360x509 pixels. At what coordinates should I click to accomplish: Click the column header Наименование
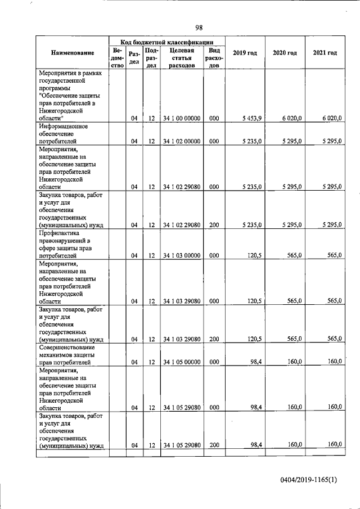73,53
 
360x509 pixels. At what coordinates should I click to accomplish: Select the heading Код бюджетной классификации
167,41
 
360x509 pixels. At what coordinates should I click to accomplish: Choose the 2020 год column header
285,53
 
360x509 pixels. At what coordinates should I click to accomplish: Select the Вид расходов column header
214,57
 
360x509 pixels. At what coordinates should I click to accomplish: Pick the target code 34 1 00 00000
182,118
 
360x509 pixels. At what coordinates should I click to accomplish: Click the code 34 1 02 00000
182,141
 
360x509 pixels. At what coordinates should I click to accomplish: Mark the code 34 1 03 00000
182,255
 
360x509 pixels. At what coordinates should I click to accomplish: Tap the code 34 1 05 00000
182,362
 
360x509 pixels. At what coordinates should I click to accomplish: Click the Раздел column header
134,57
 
